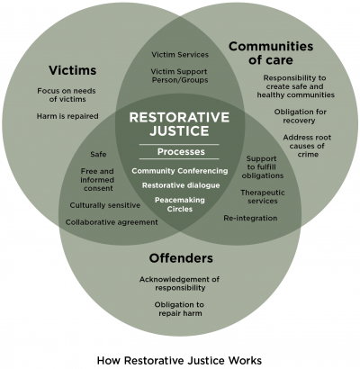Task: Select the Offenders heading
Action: click(x=180, y=259)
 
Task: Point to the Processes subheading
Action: click(x=180, y=153)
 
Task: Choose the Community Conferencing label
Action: click(x=180, y=170)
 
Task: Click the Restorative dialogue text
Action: click(x=180, y=185)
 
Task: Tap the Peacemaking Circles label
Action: click(x=180, y=206)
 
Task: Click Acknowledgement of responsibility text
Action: click(x=179, y=283)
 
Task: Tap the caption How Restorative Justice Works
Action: click(x=179, y=359)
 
